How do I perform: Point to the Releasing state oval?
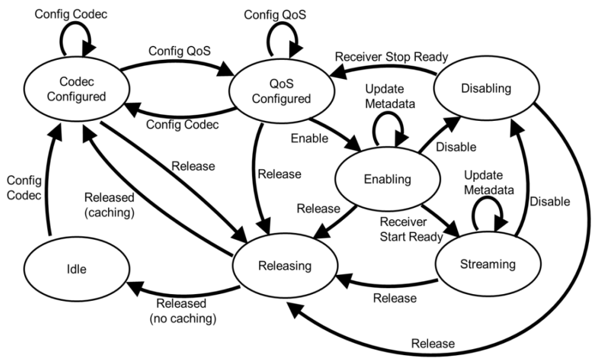pos(284,264)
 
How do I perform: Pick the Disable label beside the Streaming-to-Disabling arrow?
pos(549,201)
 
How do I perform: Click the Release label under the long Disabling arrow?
pos(432,344)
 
